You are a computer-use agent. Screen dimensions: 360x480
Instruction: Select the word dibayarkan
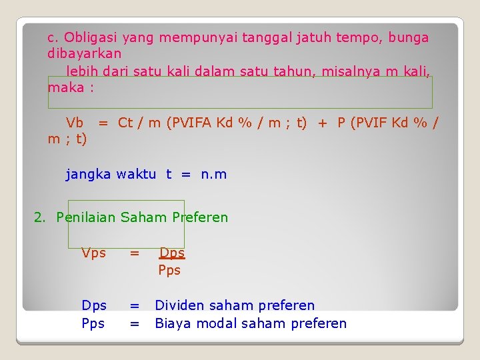pos(85,53)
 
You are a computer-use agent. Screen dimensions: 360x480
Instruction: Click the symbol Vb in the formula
pos(75,123)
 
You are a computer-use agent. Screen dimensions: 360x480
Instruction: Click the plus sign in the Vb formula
pos(322,123)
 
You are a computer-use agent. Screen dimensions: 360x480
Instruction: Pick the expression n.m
pos(213,175)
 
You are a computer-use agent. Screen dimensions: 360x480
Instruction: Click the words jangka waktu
pos(111,175)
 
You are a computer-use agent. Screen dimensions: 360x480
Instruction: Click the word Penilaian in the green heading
pos(86,217)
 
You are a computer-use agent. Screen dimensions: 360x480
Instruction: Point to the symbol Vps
pos(93,253)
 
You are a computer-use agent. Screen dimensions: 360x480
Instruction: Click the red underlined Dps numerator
pos(172,253)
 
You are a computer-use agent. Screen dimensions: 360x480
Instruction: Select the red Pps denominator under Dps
pos(169,270)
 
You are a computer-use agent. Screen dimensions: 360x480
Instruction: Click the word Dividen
pos(179,305)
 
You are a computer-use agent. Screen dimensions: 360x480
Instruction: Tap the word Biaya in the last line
pos(173,323)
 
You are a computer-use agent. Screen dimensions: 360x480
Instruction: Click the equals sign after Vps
pos(135,253)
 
